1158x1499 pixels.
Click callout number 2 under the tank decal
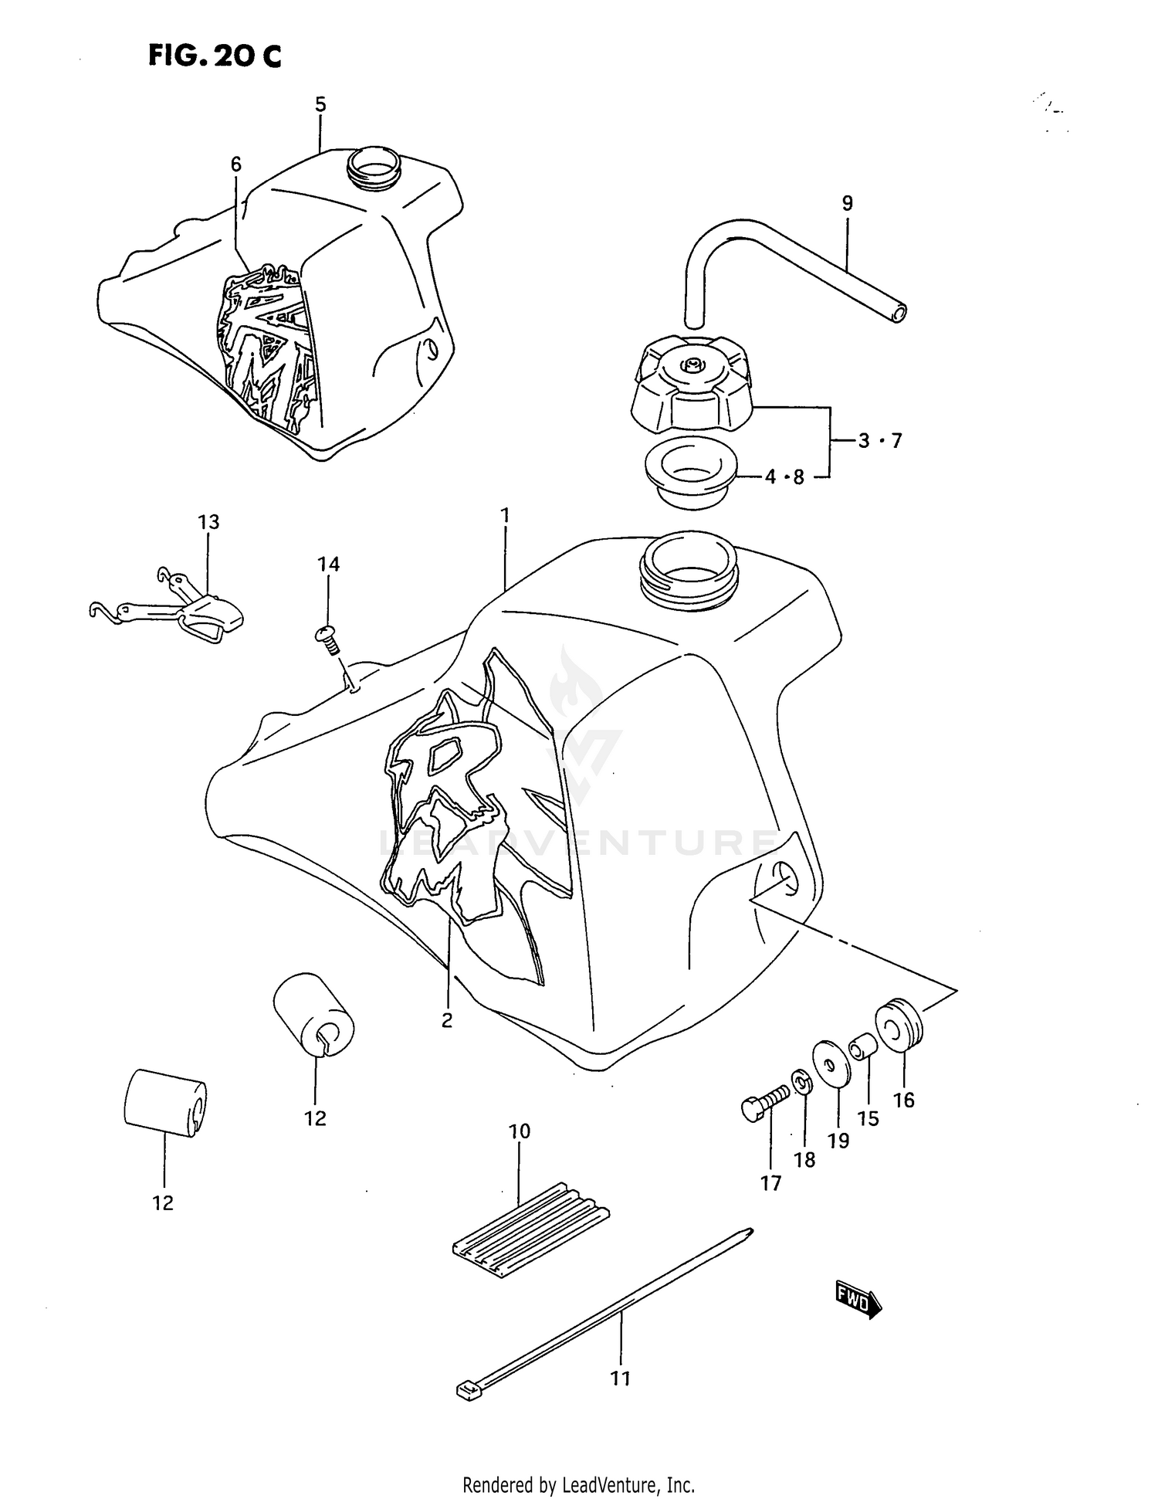(x=447, y=1020)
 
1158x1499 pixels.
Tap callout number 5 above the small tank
(x=320, y=104)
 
